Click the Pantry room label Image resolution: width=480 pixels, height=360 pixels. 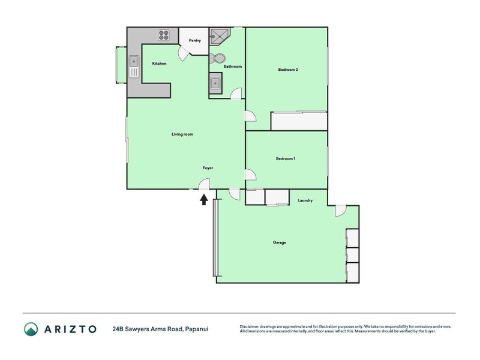pyautogui.click(x=194, y=40)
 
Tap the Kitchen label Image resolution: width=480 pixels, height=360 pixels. pyautogui.click(x=159, y=64)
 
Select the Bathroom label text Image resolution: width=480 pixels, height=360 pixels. pyautogui.click(x=233, y=67)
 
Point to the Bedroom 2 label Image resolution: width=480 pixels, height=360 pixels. pyautogui.click(x=288, y=70)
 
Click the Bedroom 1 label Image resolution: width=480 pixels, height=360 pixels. pyautogui.click(x=286, y=158)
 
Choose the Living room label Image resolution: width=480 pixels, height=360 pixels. pyautogui.click(x=182, y=134)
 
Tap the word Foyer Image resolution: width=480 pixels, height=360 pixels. pyautogui.click(x=208, y=168)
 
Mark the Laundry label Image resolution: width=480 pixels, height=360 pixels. pyautogui.click(x=305, y=200)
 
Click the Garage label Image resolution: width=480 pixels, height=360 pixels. pyautogui.click(x=280, y=242)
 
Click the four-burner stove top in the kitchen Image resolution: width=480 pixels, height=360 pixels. pyautogui.click(x=164, y=35)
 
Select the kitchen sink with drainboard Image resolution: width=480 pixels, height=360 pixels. pyautogui.click(x=134, y=67)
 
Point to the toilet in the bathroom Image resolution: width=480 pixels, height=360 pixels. pyautogui.click(x=217, y=58)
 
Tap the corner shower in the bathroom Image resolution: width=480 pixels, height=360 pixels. pyautogui.click(x=219, y=37)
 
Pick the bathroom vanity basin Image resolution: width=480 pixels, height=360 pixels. pyautogui.click(x=215, y=83)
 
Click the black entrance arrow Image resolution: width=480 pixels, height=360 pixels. pyautogui.click(x=204, y=200)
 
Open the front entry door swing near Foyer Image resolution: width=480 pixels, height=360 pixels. pyautogui.click(x=204, y=184)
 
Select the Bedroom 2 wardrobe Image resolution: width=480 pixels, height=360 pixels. pyautogui.click(x=299, y=121)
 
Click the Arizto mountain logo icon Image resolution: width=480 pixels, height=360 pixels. pyautogui.click(x=31, y=329)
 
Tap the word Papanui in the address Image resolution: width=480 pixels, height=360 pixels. pyautogui.click(x=197, y=329)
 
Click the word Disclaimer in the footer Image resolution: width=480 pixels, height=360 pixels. pyautogui.click(x=249, y=326)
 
